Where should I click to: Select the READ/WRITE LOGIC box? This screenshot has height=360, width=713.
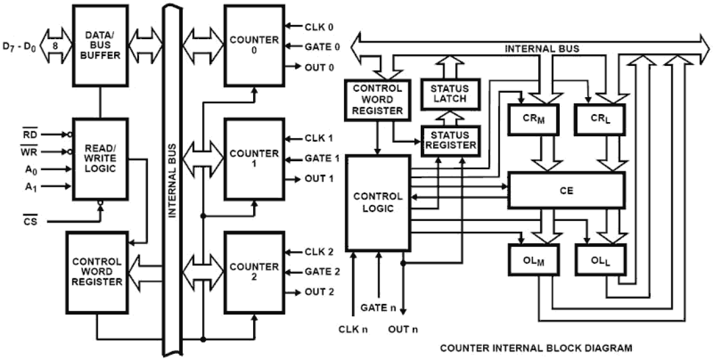pos(99,158)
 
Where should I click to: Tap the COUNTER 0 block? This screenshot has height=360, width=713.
pos(254,45)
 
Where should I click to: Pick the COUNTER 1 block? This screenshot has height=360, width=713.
pos(254,158)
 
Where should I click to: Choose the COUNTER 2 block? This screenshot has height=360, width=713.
pos(254,272)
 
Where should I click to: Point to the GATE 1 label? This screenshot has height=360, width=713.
pos(322,158)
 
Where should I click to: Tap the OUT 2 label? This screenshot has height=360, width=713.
pos(320,292)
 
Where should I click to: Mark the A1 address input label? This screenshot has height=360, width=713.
pos(30,186)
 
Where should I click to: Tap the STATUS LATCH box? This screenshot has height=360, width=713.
pos(448,94)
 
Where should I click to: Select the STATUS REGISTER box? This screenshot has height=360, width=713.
pos(448,140)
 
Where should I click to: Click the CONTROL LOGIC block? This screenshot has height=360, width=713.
pos(378,203)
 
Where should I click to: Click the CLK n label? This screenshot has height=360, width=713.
pos(353,328)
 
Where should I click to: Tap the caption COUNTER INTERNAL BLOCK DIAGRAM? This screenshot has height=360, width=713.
pos(536,347)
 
